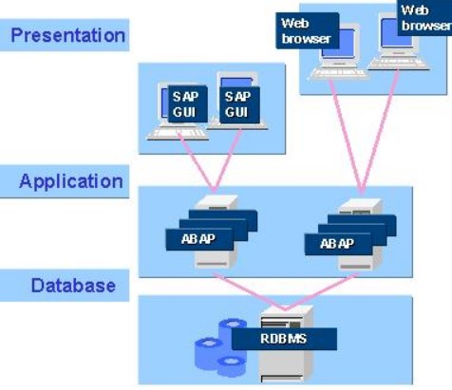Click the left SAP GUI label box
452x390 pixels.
(x=187, y=104)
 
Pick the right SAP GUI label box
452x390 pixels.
(x=239, y=104)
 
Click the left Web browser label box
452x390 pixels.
(x=308, y=30)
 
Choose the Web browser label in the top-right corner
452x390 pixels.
(x=424, y=18)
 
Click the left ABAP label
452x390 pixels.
(x=199, y=239)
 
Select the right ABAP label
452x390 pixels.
(x=338, y=244)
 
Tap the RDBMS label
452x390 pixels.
(x=284, y=339)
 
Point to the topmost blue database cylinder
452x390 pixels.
(x=233, y=329)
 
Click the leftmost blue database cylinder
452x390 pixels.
(x=209, y=354)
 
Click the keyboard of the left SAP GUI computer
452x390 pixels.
(x=178, y=134)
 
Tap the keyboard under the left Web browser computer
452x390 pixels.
(x=338, y=74)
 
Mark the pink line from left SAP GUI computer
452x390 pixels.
(x=197, y=163)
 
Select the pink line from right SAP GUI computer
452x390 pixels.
(x=229, y=160)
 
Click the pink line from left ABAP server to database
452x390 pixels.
(x=249, y=291)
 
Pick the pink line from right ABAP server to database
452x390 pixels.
(x=322, y=291)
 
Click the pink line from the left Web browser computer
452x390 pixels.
(x=347, y=137)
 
